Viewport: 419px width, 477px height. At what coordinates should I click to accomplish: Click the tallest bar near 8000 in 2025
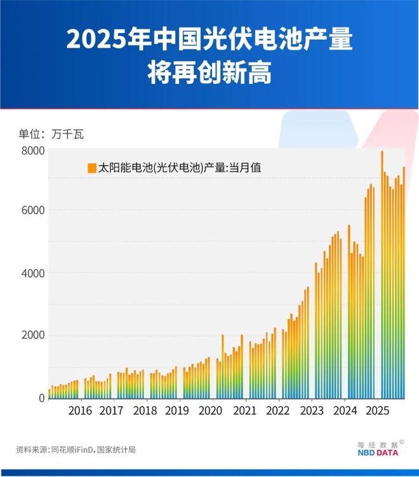pos(382,273)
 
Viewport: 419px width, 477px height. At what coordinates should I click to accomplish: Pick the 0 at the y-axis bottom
pos(41,398)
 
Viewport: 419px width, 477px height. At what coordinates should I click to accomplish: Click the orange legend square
pos(92,168)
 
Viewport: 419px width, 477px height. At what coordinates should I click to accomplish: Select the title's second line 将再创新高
pos(209,72)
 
